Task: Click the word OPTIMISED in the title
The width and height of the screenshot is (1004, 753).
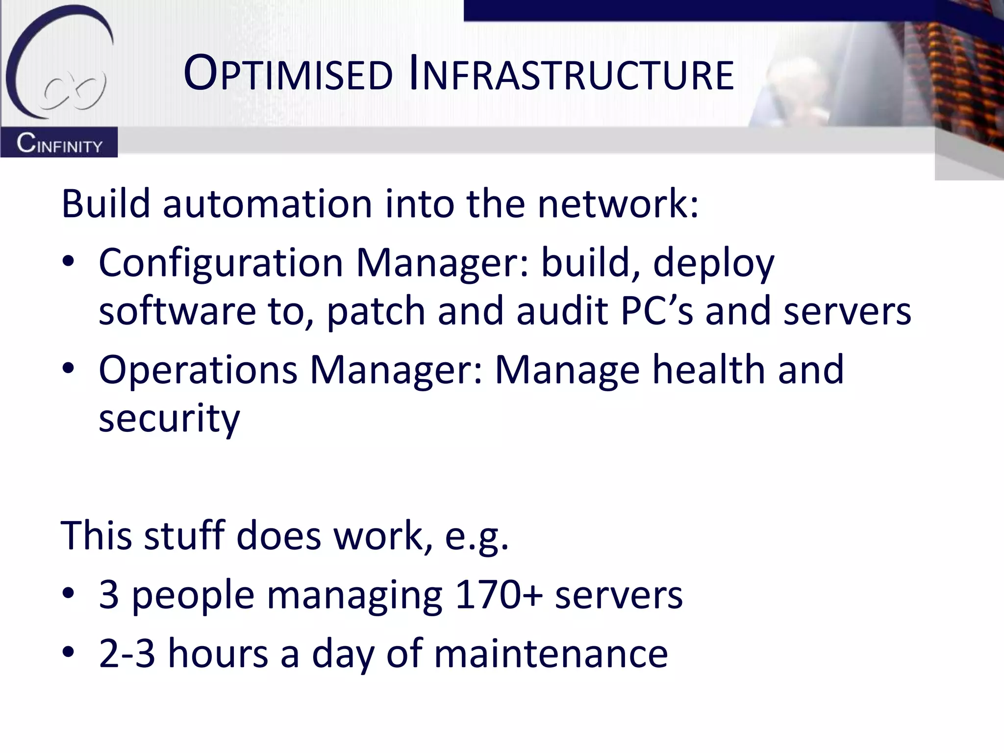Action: pos(288,75)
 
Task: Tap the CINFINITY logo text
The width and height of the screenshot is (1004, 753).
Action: pos(59,144)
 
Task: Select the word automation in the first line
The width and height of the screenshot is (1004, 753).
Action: pos(268,203)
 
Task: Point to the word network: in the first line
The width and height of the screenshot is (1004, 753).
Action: pos(618,203)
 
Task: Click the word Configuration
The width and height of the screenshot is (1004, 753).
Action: pos(221,263)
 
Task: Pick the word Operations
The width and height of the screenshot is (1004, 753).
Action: pos(198,370)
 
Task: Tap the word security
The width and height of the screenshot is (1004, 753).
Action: pos(170,420)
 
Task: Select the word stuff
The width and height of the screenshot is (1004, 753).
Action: pos(184,535)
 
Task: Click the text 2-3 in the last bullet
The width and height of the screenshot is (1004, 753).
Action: pos(126,653)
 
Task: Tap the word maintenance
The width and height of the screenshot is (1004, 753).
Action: pos(551,653)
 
